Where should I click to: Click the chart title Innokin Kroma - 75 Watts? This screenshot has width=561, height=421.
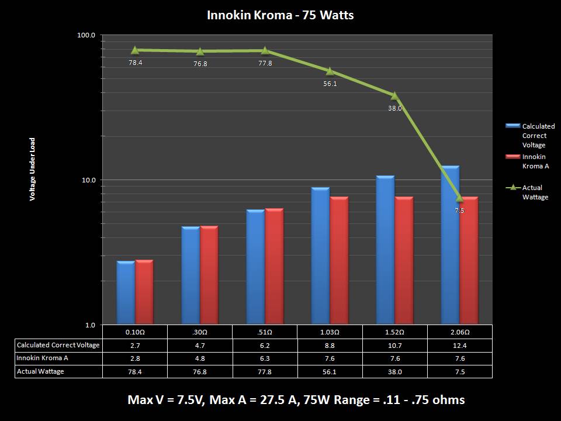pyautogui.click(x=280, y=15)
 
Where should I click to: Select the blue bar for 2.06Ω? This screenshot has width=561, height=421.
pyautogui.click(x=450, y=246)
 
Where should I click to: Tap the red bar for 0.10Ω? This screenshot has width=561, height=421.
pyautogui.click(x=144, y=292)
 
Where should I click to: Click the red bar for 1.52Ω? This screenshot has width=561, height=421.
pyautogui.click(x=404, y=261)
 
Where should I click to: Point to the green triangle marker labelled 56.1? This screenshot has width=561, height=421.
pyautogui.click(x=330, y=71)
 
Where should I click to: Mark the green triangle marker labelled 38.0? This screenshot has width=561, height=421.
pyautogui.click(x=395, y=95)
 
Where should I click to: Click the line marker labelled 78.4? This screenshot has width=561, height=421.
pyautogui.click(x=136, y=50)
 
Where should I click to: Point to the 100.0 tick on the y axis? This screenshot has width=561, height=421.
pyautogui.click(x=86, y=35)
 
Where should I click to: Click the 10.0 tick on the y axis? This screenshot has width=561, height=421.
pyautogui.click(x=88, y=180)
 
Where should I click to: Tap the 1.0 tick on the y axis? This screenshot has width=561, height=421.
pyautogui.click(x=90, y=325)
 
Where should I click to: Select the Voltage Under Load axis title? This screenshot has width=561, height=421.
pyautogui.click(x=33, y=170)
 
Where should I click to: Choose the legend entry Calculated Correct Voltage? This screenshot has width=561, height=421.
pyautogui.click(x=538, y=135)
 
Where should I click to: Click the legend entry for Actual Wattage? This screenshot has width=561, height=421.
pyautogui.click(x=535, y=192)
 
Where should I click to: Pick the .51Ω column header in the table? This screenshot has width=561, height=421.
pyautogui.click(x=265, y=332)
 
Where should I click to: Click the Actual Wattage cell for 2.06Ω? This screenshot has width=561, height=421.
pyautogui.click(x=459, y=371)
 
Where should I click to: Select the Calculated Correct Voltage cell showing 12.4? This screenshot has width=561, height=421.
pyautogui.click(x=459, y=345)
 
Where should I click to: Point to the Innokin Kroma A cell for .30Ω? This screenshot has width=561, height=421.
pyautogui.click(x=200, y=358)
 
